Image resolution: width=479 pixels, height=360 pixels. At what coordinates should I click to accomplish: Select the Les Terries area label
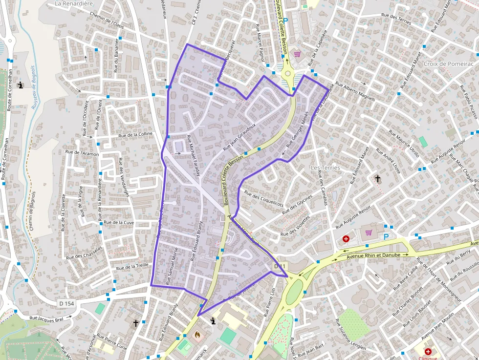(x=325, y=168)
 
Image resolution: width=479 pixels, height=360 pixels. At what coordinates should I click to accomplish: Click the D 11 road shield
(x=279, y=266)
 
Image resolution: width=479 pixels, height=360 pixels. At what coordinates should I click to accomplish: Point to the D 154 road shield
(x=66, y=303)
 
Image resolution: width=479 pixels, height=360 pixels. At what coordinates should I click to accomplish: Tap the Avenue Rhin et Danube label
(x=373, y=255)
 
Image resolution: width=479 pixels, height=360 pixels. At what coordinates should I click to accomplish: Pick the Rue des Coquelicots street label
(x=264, y=198)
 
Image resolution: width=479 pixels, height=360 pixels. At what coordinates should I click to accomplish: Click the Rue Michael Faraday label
(x=194, y=154)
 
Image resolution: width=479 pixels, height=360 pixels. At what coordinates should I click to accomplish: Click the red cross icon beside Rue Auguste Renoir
(x=346, y=239)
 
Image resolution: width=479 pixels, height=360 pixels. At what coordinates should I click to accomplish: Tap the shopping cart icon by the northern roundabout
(x=296, y=54)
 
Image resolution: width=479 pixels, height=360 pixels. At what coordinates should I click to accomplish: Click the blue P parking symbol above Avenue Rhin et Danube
(x=386, y=237)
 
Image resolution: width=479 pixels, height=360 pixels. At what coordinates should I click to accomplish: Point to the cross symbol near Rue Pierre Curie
(x=136, y=323)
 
